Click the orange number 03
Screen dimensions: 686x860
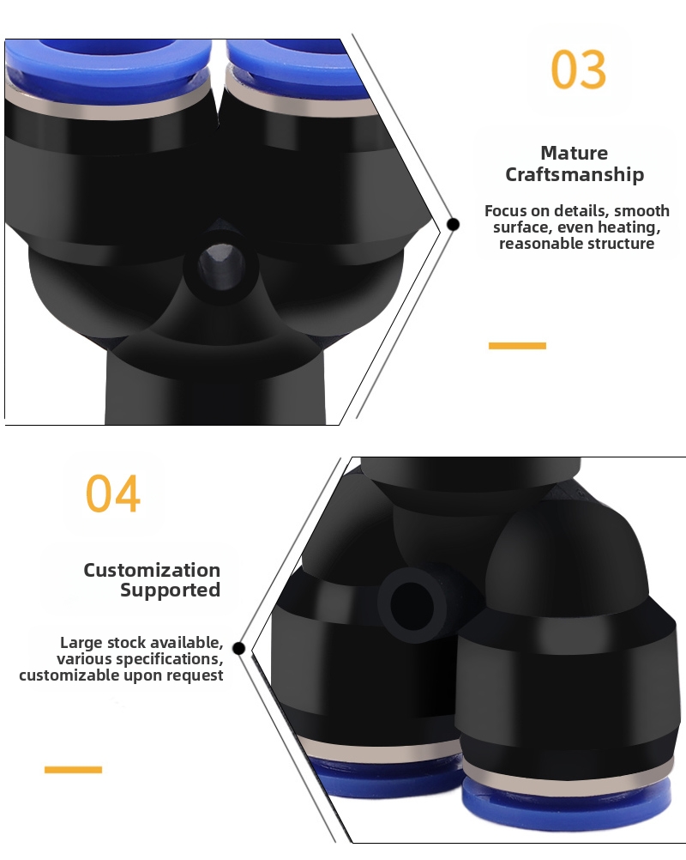click(x=579, y=70)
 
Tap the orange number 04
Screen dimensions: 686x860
click(x=113, y=494)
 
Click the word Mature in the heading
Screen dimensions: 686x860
click(x=575, y=153)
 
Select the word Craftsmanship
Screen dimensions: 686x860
click(x=575, y=174)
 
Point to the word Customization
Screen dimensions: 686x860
click(x=152, y=570)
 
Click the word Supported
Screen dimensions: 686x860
click(x=171, y=590)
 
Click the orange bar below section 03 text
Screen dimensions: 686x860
click(x=517, y=346)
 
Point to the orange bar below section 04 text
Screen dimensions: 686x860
click(x=73, y=770)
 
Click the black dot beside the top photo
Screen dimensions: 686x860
click(x=453, y=224)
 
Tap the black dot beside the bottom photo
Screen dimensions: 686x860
click(x=239, y=648)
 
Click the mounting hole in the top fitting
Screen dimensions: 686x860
click(x=220, y=267)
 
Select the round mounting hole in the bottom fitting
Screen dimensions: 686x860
click(x=412, y=606)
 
